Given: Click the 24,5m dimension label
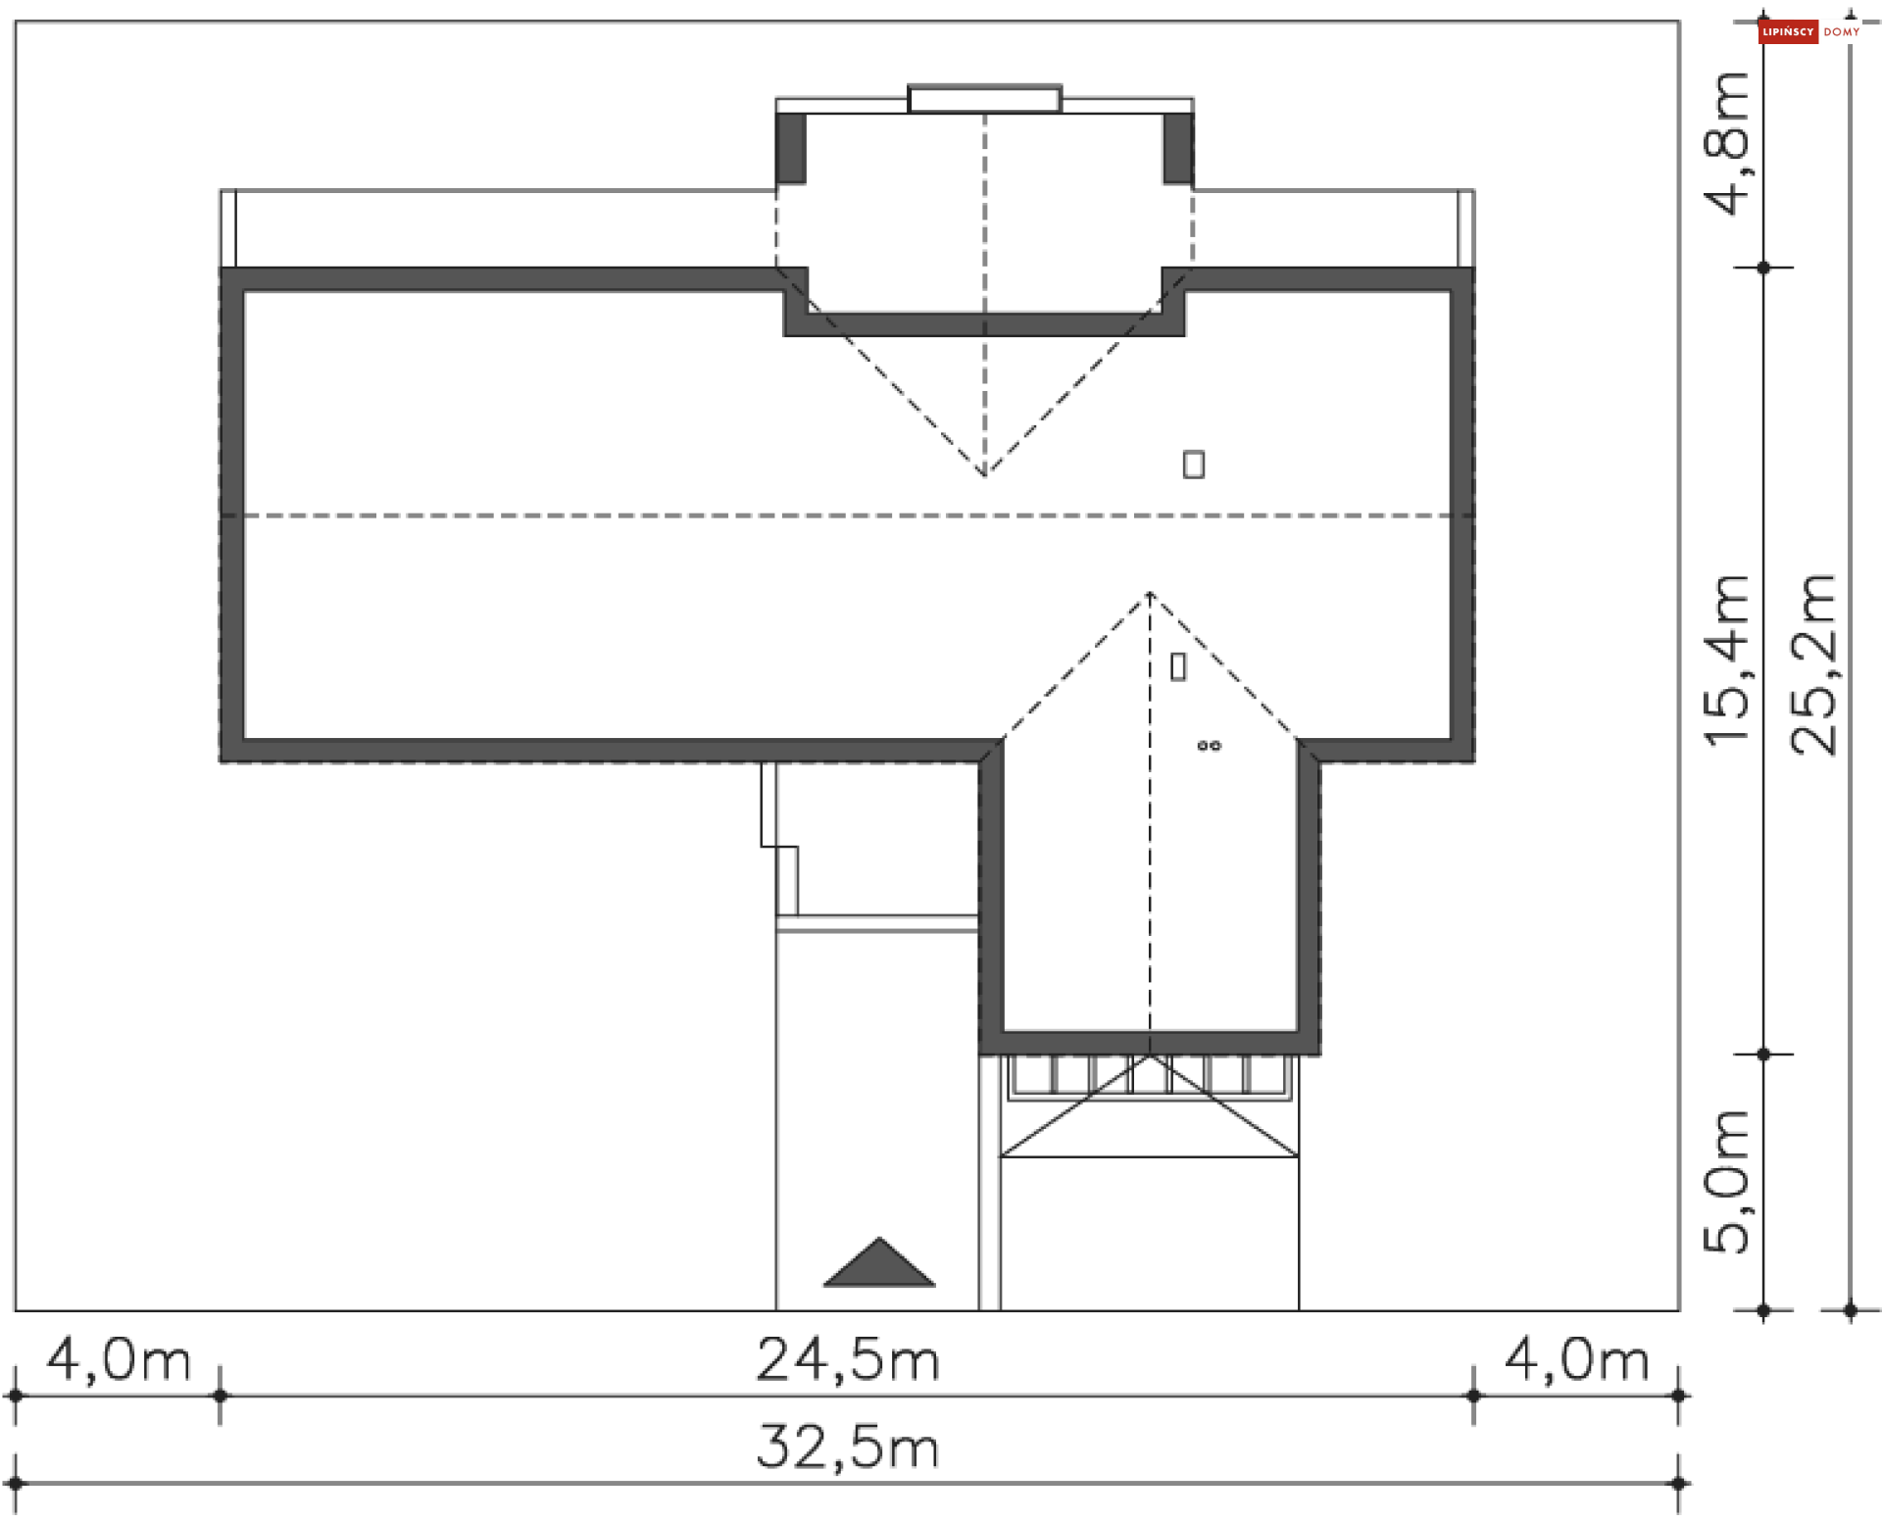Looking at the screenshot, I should [848, 1361].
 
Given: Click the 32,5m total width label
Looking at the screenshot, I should [848, 1447].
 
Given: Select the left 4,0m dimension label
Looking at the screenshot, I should [119, 1361].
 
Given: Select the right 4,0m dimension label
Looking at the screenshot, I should [1576, 1361].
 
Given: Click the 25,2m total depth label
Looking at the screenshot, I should [1813, 664].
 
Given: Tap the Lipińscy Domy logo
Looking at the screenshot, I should [1809, 32].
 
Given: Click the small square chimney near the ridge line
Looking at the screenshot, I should [1193, 464].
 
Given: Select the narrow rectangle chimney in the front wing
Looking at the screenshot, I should [1178, 667].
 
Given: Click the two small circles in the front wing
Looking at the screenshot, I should [1209, 746].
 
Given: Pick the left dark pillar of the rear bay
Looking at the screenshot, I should [791, 148].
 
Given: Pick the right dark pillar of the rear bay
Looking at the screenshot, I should [1178, 148].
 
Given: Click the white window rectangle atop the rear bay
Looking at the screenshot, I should [984, 99].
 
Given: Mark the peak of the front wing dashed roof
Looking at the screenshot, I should [1150, 594].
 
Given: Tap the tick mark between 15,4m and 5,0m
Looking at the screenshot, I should [1763, 1054].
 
